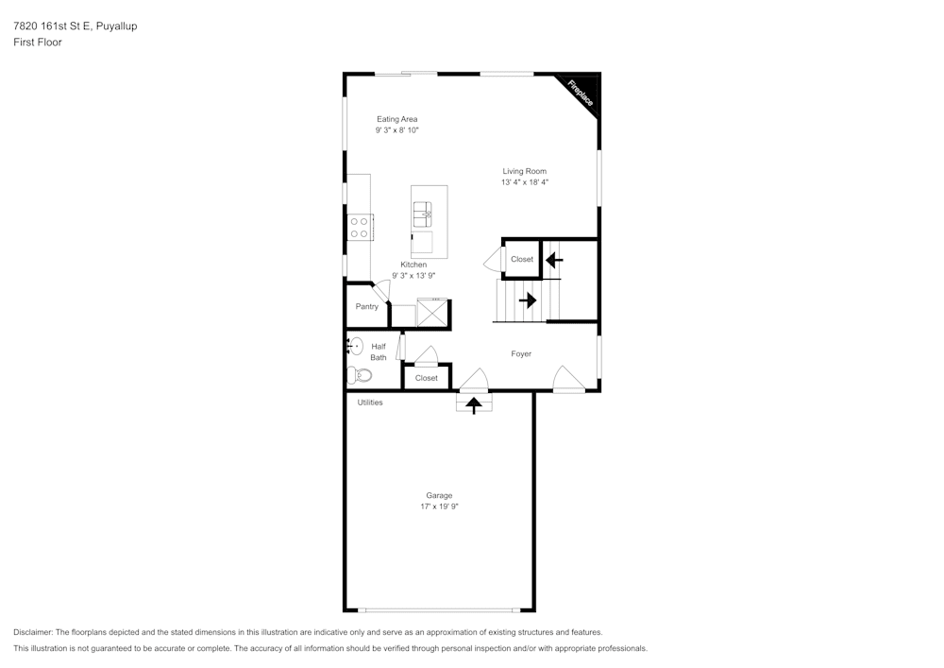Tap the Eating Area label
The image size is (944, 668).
pos(396,119)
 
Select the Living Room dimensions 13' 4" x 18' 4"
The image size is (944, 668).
pos(525,182)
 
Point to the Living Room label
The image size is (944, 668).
pos(525,171)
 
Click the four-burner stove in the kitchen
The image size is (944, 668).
pos(360,227)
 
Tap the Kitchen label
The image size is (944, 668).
pos(413,265)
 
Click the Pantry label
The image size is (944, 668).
pos(366,306)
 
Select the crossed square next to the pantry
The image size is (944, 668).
pos(431,313)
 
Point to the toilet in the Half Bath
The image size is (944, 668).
pos(360,375)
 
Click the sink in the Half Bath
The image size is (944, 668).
pos(355,346)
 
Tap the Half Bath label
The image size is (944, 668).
pos(378,351)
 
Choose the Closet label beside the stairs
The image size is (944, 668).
pos(521,259)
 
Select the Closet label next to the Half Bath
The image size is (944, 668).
pos(427,378)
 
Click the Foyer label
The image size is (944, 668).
pos(521,354)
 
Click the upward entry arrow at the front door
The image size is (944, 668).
pos(474,404)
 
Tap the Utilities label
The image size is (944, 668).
pos(370,403)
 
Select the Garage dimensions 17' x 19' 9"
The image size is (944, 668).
pos(439,506)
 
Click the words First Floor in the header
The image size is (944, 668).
pos(38,43)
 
